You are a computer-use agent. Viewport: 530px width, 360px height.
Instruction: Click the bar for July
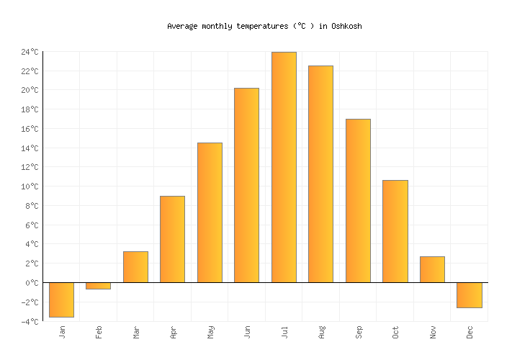(284, 167)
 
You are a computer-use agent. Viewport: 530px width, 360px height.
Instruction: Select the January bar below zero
(61, 300)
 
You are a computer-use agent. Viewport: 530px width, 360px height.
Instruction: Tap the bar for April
(172, 239)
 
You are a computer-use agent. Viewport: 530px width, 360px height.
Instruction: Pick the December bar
(469, 295)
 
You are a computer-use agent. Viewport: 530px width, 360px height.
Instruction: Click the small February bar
(98, 286)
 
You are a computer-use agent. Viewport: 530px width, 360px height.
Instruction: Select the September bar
(358, 200)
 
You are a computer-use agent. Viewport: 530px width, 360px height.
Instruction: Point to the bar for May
(210, 212)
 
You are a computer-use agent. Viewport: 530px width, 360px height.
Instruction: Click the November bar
(432, 269)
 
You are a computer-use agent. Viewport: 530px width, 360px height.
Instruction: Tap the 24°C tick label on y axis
(30, 52)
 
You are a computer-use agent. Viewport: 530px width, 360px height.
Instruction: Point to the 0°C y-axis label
(32, 283)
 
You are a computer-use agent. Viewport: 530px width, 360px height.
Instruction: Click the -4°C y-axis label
(30, 322)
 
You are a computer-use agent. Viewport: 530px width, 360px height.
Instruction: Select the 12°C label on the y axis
(30, 167)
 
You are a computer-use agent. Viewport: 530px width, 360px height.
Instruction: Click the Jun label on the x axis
(247, 331)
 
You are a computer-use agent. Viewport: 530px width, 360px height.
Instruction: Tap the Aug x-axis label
(321, 331)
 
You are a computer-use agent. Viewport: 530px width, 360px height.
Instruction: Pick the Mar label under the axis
(135, 331)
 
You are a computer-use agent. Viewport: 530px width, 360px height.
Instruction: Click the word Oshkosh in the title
(346, 26)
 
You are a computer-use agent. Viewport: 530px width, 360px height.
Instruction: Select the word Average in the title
(183, 26)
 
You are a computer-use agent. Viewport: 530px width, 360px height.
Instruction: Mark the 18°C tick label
(30, 109)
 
